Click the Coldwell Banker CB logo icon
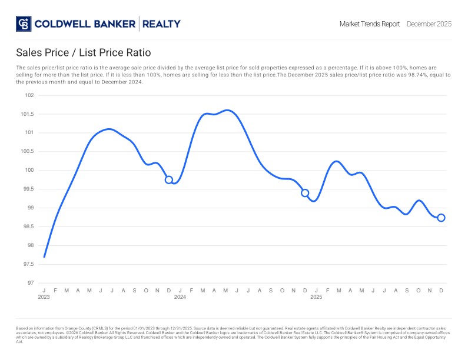(x=24, y=24)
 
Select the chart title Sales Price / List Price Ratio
(x=84, y=53)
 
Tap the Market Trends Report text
(x=370, y=24)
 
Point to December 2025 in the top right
(x=429, y=24)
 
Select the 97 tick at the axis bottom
(x=31, y=283)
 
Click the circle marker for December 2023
(x=169, y=180)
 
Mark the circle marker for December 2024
(x=305, y=193)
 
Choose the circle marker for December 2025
(x=441, y=218)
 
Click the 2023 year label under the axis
(x=44, y=297)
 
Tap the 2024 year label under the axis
(x=180, y=297)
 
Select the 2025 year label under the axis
(x=316, y=297)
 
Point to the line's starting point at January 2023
(x=44, y=257)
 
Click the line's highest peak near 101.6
(x=228, y=110)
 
